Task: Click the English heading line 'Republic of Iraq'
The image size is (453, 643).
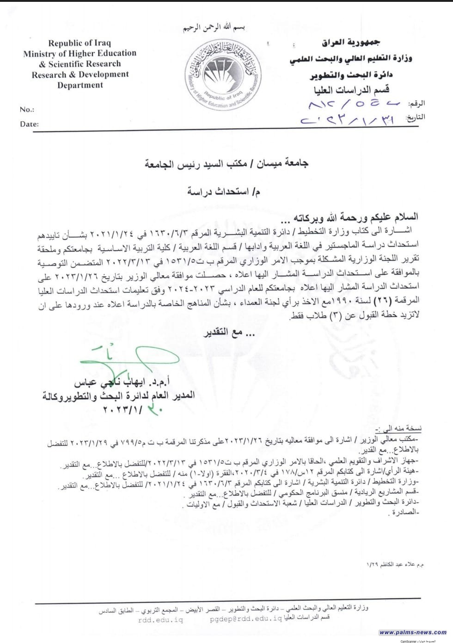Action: pos(80,43)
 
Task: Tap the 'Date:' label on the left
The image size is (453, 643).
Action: pos(29,124)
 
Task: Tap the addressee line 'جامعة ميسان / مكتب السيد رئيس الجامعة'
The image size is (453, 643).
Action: pos(227,163)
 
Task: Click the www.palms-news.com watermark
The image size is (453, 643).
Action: pos(413,632)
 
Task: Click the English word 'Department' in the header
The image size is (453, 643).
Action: pos(80,85)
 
